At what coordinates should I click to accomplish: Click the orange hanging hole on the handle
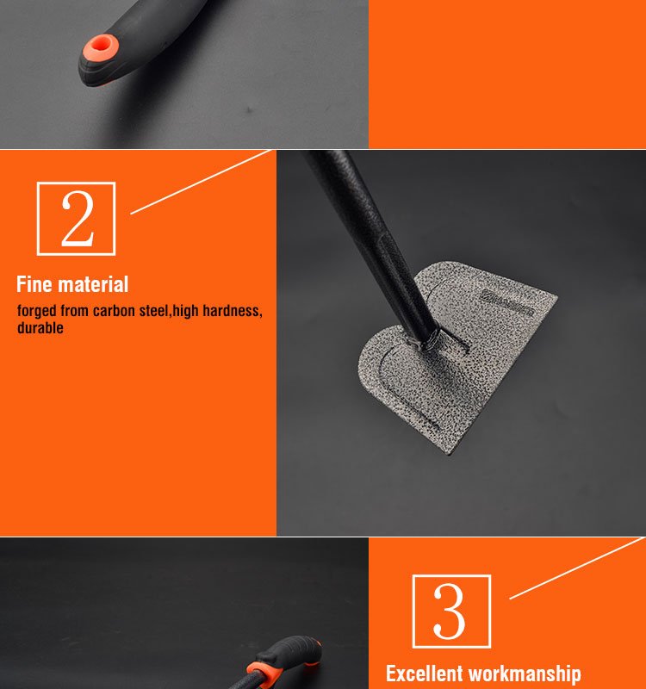click(x=101, y=47)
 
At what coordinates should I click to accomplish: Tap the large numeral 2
click(x=78, y=219)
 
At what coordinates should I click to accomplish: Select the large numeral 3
click(x=449, y=611)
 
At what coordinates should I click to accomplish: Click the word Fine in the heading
click(x=34, y=284)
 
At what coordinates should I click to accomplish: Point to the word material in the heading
click(x=94, y=284)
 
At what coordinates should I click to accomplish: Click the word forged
click(x=36, y=311)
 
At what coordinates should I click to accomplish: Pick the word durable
click(x=40, y=328)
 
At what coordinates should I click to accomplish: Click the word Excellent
click(x=425, y=673)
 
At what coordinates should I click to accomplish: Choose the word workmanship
click(x=525, y=674)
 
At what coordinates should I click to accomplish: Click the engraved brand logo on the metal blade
click(x=506, y=303)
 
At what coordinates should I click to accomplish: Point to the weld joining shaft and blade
click(x=425, y=341)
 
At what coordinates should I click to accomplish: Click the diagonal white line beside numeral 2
click(x=201, y=182)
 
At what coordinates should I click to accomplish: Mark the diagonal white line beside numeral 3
click(x=576, y=568)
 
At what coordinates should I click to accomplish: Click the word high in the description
click(x=186, y=311)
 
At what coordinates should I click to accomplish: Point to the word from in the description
click(x=74, y=311)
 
